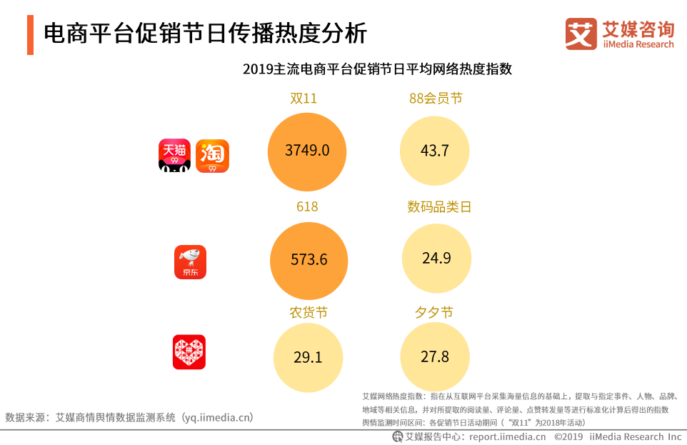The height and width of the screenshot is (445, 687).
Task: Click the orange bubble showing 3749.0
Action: pyautogui.click(x=306, y=151)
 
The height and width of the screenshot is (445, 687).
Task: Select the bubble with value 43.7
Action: pyautogui.click(x=435, y=151)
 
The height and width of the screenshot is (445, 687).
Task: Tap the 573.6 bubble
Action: pyautogui.click(x=309, y=259)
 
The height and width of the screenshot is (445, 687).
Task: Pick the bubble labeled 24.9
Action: pyautogui.click(x=436, y=259)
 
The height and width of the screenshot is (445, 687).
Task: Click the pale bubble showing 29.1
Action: pyautogui.click(x=308, y=357)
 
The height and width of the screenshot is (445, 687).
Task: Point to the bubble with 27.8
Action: pyautogui.click(x=435, y=356)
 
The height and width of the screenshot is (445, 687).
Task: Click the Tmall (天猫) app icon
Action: pyautogui.click(x=174, y=156)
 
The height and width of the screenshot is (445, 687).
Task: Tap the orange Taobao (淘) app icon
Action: pyautogui.click(x=212, y=156)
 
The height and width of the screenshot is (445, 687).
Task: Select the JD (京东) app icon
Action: pyautogui.click(x=190, y=262)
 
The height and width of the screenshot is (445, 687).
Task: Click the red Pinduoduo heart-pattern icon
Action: pyautogui.click(x=189, y=352)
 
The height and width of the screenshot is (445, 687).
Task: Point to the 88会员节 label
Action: pyautogui.click(x=436, y=99)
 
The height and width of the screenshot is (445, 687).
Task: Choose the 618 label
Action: pyautogui.click(x=307, y=206)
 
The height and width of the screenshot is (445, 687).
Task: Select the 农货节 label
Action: pyautogui.click(x=309, y=313)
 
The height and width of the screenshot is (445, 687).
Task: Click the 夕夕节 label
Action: pyautogui.click(x=433, y=313)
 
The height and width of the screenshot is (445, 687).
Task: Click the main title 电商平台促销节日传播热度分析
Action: pyautogui.click(x=206, y=34)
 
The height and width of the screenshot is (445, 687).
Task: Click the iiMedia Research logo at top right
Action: pyautogui.click(x=619, y=34)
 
